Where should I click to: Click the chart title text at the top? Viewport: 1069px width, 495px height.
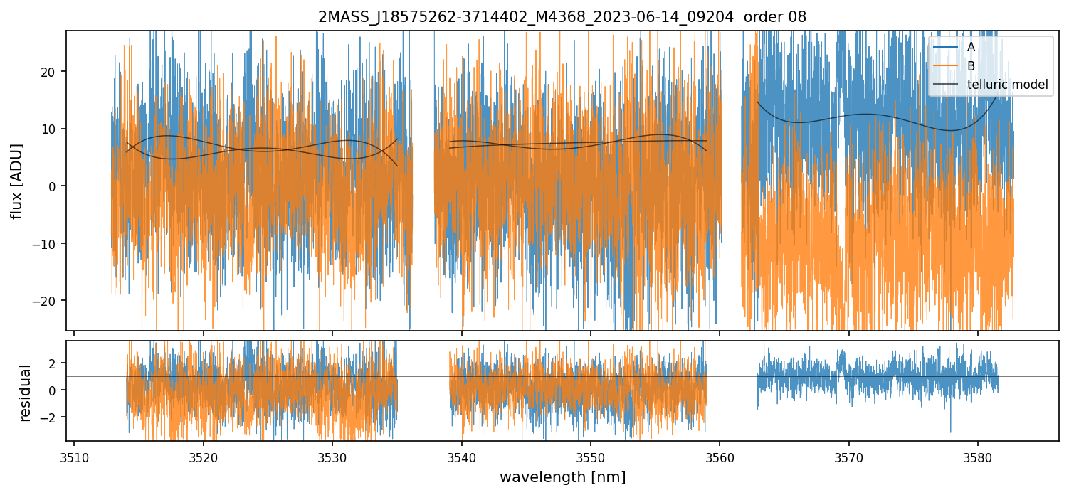[562, 17]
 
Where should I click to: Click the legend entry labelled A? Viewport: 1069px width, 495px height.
[971, 47]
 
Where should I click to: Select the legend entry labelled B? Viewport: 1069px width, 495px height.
[971, 66]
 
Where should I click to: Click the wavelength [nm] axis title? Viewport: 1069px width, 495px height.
[562, 477]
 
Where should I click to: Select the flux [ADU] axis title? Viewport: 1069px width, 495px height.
[16, 181]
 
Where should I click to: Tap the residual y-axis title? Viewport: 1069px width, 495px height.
[26, 393]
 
